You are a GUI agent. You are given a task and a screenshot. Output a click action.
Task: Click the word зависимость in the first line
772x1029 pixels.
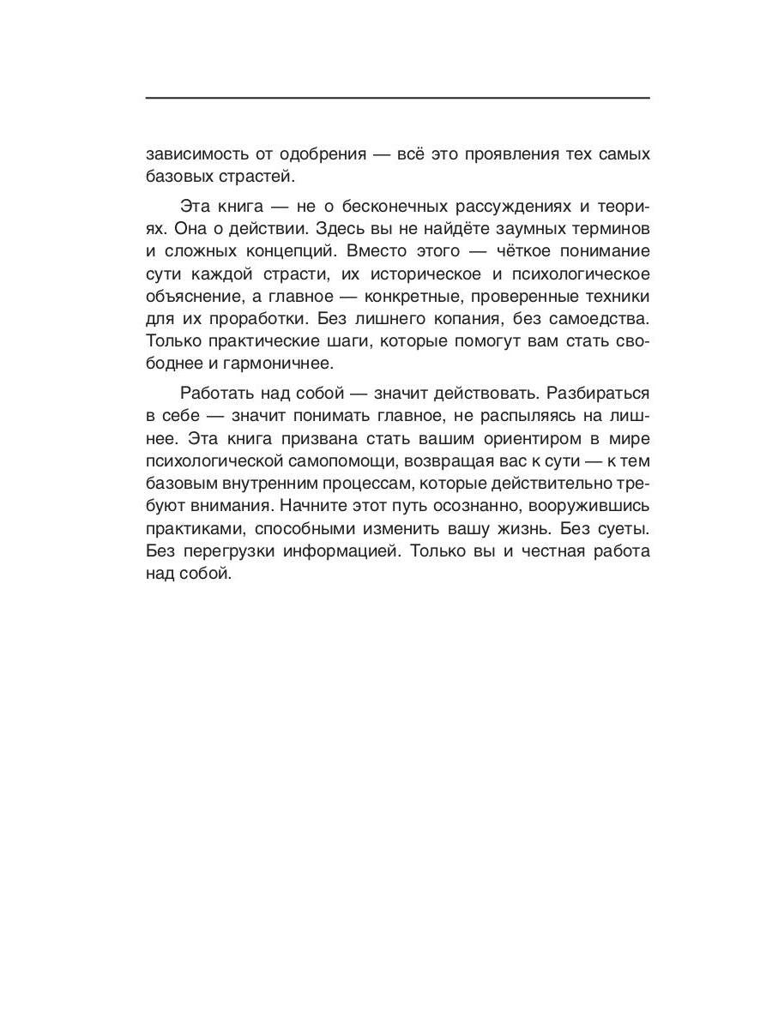pos(194,155)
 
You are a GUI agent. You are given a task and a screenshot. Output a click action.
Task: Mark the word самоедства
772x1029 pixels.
pos(603,318)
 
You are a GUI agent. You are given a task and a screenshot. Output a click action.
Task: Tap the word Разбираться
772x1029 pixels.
pos(596,394)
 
